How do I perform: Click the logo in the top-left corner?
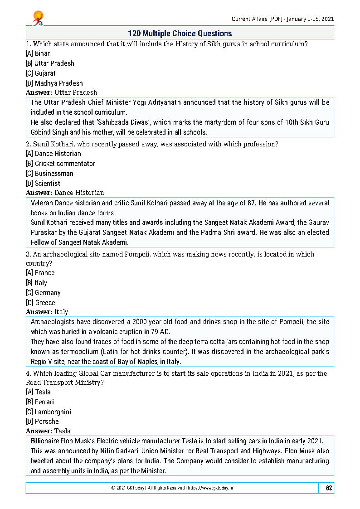coord(37,18)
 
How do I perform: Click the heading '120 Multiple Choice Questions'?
coord(180,34)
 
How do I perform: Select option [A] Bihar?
coord(38,53)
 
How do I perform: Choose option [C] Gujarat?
coord(41,73)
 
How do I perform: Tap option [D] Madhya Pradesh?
coord(54,83)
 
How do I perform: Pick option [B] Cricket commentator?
coord(61,164)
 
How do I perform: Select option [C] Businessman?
coord(49,174)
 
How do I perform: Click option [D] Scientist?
coord(43,184)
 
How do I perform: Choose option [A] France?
coord(40,273)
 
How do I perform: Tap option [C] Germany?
coord(43,293)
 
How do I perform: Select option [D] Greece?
coord(40,303)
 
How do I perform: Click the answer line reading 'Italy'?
coord(61,312)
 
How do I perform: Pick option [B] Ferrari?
coord(40,402)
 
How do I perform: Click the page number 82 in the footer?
coord(329,488)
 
